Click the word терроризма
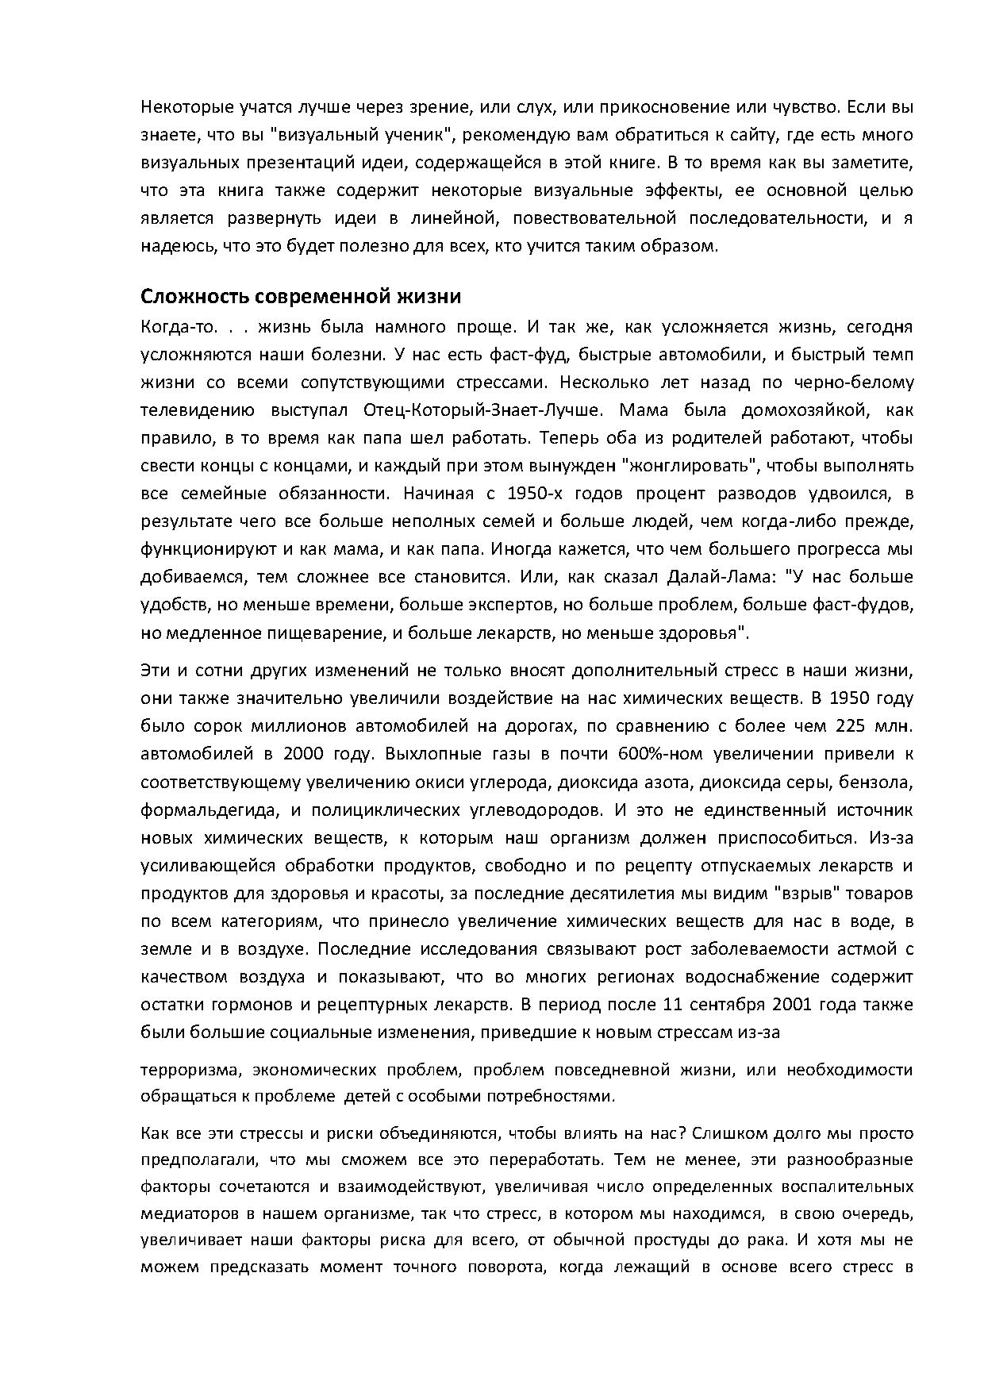point(190,1070)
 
